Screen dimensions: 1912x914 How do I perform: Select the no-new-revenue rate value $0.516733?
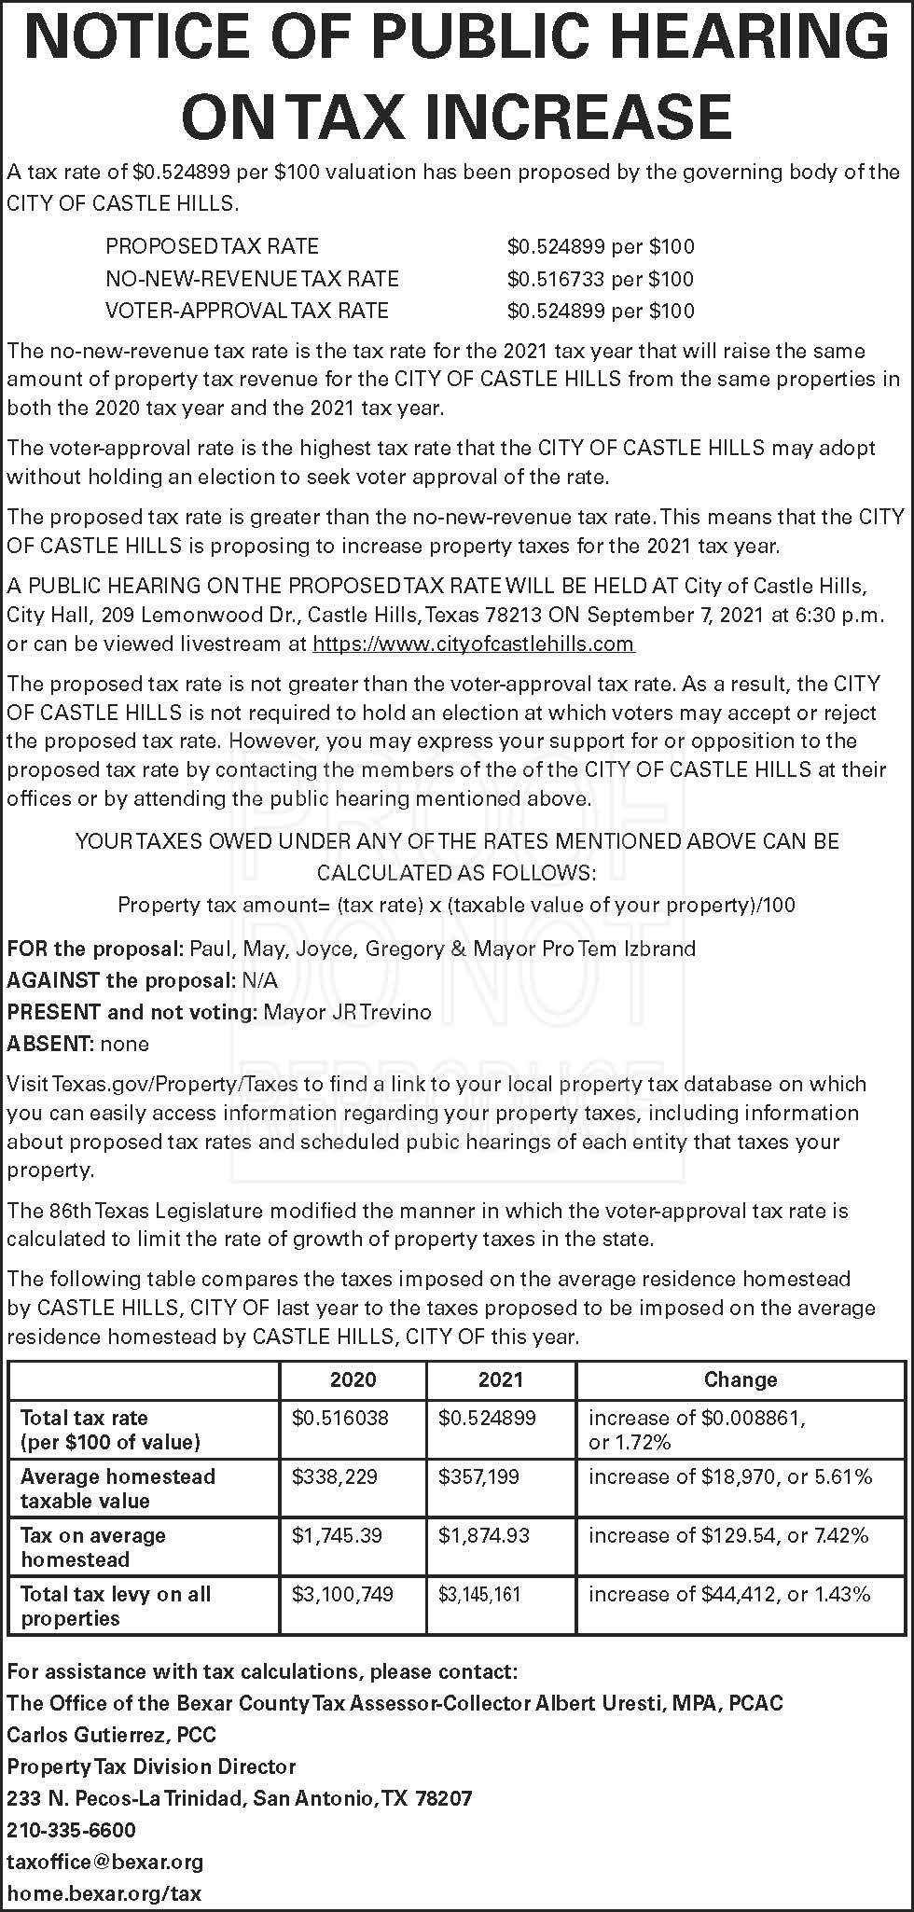tap(557, 279)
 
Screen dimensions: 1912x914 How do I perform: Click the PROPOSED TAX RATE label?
tap(212, 247)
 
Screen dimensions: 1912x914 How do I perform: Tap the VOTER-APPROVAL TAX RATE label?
tap(247, 311)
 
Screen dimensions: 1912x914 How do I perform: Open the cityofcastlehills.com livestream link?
tap(473, 644)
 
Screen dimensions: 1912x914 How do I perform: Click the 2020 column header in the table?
tap(353, 1379)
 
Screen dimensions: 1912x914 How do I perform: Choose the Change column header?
tap(741, 1379)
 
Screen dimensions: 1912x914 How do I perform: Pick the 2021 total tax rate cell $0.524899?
tap(487, 1418)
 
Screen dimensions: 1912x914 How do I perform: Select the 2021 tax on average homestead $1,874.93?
tap(484, 1535)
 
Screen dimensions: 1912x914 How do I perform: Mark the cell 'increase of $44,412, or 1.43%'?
tap(729, 1594)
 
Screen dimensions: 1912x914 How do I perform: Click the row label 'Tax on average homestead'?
tap(93, 1546)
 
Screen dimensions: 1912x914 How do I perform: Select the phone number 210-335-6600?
tap(71, 1830)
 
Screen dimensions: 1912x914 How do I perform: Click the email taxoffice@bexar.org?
tap(104, 1862)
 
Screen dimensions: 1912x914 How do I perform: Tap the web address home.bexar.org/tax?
tap(104, 1893)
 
